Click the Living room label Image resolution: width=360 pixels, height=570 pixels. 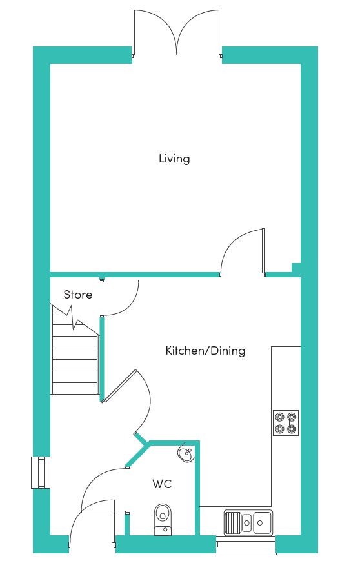pos(174,159)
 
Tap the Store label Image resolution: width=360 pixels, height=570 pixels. pos(78,295)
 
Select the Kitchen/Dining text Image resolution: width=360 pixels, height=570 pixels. pos(205,351)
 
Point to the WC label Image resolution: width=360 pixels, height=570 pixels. pos(162,484)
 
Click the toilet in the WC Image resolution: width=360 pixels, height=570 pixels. pos(163,520)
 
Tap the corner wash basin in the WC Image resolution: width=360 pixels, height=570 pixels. pos(187,453)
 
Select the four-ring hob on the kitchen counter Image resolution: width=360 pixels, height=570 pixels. pos(286,423)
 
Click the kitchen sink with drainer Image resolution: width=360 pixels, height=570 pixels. pos(248,523)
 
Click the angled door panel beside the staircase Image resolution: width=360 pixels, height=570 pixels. pos(119,386)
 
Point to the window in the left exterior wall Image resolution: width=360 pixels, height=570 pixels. pos(41,472)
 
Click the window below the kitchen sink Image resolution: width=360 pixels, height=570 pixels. pos(245,545)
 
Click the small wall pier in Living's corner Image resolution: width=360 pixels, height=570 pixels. pos(296,268)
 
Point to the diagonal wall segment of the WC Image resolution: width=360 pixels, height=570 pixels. pos(137,455)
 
